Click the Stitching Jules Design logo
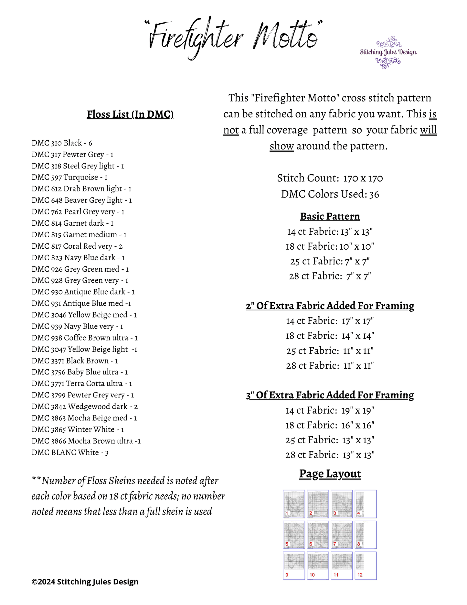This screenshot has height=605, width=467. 388,52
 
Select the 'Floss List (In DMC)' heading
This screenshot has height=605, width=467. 130,114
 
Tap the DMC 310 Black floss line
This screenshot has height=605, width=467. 62,143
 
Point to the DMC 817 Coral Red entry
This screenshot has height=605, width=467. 77,246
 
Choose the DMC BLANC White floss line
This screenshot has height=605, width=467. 70,452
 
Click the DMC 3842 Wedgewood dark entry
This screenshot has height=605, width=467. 85,406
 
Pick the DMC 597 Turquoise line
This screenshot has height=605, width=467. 69,177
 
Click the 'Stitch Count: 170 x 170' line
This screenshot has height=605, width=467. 330,178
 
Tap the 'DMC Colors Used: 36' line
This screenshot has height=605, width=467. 330,194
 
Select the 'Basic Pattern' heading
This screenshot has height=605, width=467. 330,216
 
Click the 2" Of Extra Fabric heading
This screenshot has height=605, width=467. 330,306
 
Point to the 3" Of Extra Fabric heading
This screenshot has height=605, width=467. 330,395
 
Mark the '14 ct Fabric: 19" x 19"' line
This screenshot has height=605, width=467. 330,411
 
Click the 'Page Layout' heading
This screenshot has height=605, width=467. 330,474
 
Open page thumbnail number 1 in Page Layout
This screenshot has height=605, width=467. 294,504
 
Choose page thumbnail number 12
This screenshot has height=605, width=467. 366,566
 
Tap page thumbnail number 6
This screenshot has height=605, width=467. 318,535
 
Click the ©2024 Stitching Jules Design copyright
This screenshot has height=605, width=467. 85,582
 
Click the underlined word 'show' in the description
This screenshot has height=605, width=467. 281,146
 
